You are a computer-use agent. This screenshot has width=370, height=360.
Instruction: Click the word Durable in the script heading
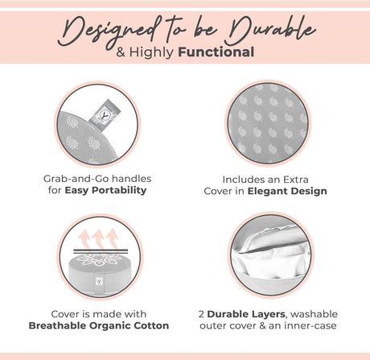(x=272, y=30)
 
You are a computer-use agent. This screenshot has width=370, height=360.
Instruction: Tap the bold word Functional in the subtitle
(x=216, y=52)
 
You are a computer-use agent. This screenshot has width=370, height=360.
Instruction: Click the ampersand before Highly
(x=121, y=52)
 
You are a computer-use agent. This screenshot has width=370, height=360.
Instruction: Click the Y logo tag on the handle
(x=104, y=115)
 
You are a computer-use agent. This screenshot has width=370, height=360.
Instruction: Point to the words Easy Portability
(x=105, y=190)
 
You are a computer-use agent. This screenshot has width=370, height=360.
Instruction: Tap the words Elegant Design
(x=287, y=191)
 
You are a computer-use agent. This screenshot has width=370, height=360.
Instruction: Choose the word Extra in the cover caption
(x=296, y=180)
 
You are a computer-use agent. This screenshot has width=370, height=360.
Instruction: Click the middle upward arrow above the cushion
(x=99, y=239)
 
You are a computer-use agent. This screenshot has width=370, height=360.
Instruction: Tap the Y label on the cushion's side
(x=100, y=282)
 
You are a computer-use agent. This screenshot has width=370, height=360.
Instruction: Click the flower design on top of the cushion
(x=100, y=260)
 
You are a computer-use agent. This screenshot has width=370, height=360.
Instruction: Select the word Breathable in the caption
(x=57, y=325)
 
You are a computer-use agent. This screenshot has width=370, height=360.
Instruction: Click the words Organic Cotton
(x=129, y=325)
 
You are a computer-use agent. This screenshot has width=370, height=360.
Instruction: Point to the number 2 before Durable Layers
(x=201, y=314)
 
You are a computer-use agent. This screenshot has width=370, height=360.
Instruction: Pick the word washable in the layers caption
(x=314, y=314)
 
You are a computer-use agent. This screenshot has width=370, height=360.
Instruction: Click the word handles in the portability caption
(x=131, y=179)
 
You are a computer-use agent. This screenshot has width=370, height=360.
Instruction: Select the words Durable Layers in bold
(x=246, y=314)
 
